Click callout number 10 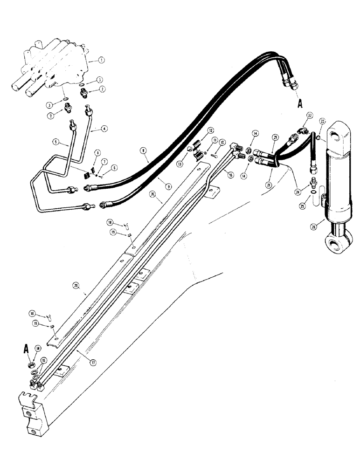pyautogui.click(x=222, y=142)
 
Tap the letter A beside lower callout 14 pyautogui.click(x=25, y=347)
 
